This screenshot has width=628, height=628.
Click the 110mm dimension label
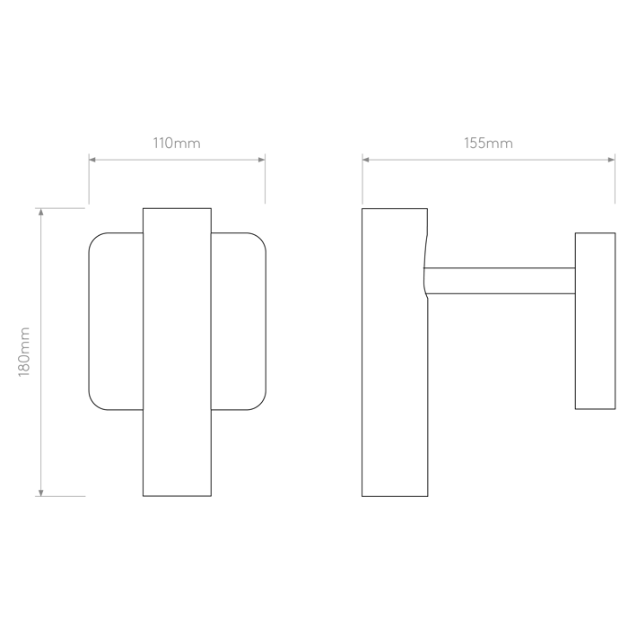[x=177, y=143]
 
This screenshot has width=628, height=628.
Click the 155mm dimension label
[x=488, y=143]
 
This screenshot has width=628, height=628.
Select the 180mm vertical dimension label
[x=24, y=352]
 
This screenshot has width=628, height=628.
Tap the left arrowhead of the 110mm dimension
[x=92, y=160]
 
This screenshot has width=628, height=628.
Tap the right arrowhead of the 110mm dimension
[x=262, y=160]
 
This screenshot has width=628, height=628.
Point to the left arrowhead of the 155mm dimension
[x=366, y=160]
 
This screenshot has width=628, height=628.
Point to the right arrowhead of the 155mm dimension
[x=612, y=160]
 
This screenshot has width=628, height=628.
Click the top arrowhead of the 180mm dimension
[x=41, y=213]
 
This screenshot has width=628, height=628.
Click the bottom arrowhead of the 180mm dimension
[x=41, y=493]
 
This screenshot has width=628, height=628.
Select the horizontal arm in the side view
[x=500, y=281]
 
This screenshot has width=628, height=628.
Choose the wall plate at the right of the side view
[x=595, y=321]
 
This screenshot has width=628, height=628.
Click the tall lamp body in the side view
[x=395, y=353]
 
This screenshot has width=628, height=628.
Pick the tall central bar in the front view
[x=177, y=353]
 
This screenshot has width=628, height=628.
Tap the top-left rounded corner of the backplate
[x=94, y=239]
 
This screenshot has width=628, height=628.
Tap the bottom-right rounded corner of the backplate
[x=260, y=404]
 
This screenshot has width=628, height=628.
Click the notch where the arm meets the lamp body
[x=425, y=281]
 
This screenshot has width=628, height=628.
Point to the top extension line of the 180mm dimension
[x=60, y=208]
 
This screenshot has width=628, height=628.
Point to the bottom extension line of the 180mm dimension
[x=60, y=497]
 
